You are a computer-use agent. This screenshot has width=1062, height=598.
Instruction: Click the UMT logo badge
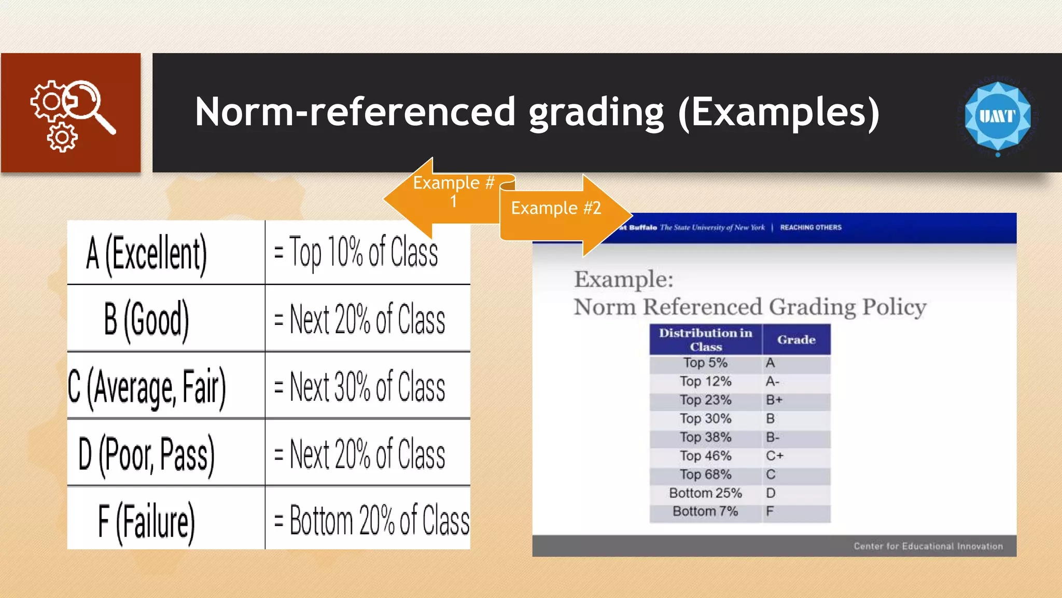point(997,116)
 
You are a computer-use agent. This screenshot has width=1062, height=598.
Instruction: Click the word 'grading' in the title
point(596,112)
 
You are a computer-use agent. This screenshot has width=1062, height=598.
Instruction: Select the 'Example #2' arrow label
point(556,208)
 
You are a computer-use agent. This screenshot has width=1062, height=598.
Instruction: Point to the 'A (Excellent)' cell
point(147,253)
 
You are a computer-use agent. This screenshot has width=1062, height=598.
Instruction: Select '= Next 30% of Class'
point(359,387)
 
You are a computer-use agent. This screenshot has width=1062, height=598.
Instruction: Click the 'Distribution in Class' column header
point(706,339)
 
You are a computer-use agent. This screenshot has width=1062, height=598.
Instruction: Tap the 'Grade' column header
point(796,339)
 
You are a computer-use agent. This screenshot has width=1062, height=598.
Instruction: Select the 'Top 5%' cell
point(705,363)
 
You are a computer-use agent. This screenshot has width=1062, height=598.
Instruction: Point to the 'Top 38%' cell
point(705,438)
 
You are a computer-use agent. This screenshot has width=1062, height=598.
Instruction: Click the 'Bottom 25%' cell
point(705,493)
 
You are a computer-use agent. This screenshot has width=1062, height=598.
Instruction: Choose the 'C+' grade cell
point(775,456)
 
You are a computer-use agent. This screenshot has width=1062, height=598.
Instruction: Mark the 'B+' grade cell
point(774,400)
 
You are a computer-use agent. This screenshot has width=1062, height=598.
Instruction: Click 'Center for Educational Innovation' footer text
point(928,546)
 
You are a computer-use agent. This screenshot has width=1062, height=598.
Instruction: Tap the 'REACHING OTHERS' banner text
point(811,227)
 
